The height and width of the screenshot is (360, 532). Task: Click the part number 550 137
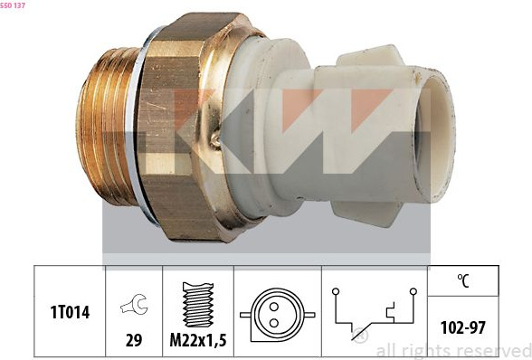[x=13, y=5]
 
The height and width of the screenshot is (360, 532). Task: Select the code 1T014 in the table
[x=70, y=312]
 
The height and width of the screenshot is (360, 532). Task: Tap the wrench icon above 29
[x=134, y=304]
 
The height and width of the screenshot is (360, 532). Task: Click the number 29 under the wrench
[x=134, y=339]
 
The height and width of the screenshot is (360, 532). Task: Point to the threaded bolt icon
[x=198, y=304]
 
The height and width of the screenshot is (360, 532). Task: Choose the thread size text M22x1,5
[x=198, y=339]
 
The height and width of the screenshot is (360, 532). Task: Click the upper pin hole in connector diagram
[x=274, y=307]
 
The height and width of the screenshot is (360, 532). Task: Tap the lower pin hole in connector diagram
[x=274, y=323]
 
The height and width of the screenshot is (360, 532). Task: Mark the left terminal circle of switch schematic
[x=336, y=291]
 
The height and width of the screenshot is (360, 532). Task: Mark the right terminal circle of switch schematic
[x=413, y=291]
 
